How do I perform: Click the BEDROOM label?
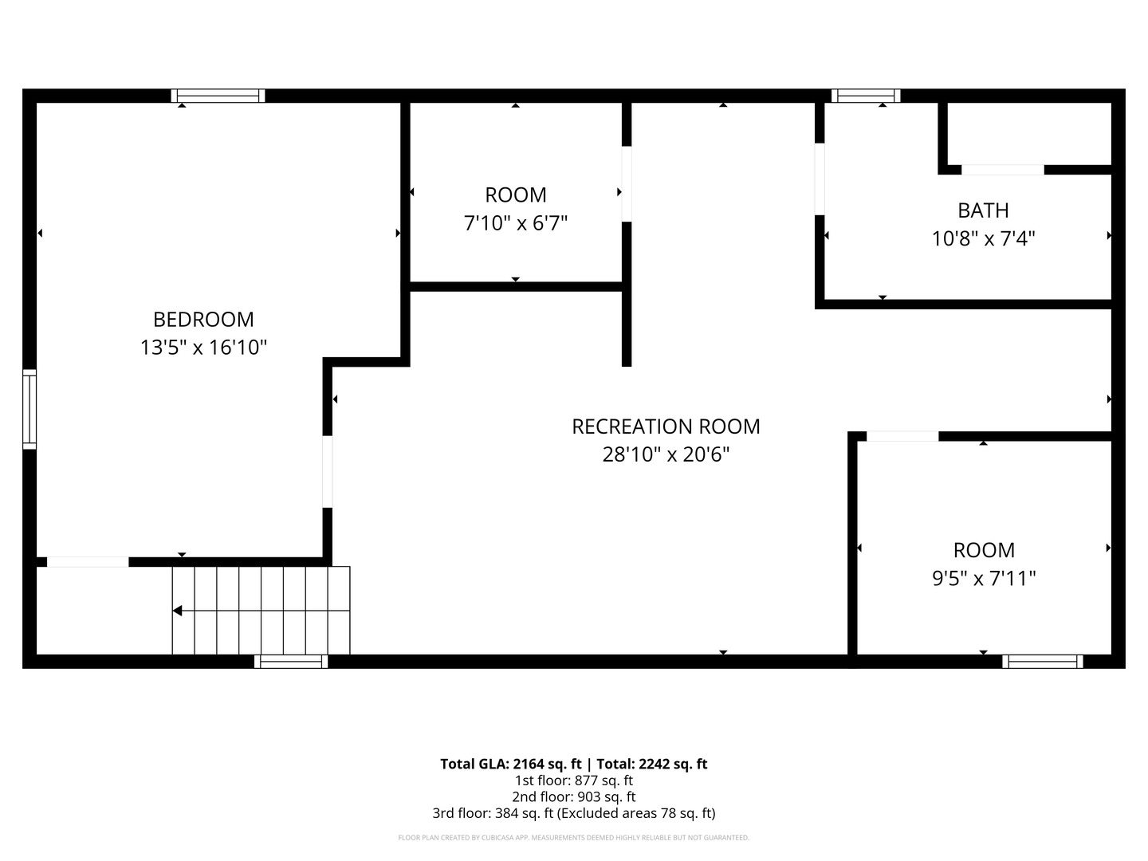[203, 320]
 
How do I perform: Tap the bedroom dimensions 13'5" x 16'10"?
[203, 347]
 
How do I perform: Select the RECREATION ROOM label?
[666, 427]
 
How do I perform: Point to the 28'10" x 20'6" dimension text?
[666, 454]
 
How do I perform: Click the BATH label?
[983, 210]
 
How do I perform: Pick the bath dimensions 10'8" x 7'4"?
[983, 239]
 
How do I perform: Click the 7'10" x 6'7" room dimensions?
[516, 223]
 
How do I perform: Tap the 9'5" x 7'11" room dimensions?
[984, 579]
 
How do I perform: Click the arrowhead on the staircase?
[177, 611]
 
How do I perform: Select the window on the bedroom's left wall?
[29, 409]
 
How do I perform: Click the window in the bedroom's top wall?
[218, 96]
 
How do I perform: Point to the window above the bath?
[866, 96]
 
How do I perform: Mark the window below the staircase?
[291, 662]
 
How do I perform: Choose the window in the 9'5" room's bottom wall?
[1043, 662]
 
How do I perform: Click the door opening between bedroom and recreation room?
[328, 472]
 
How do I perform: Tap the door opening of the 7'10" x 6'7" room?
[627, 184]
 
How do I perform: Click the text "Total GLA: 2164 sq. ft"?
[511, 765]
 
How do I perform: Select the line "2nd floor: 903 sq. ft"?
[574, 796]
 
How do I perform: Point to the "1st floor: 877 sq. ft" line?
[574, 780]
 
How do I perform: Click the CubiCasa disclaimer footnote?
[574, 837]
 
